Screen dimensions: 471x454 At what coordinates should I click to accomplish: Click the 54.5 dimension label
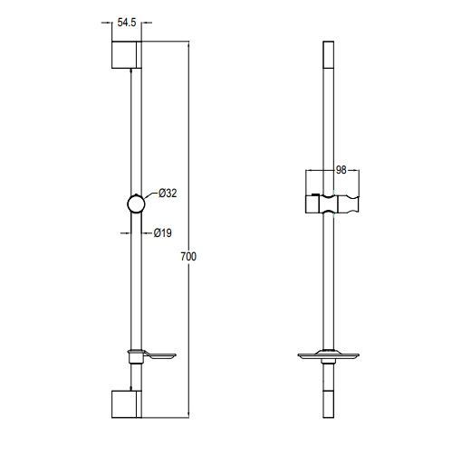[127, 23]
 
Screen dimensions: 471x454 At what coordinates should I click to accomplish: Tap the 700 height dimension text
[188, 257]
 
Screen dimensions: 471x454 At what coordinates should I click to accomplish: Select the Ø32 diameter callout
[168, 194]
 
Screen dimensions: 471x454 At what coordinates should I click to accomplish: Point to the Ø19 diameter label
[163, 232]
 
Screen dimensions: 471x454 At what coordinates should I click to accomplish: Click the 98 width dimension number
[341, 170]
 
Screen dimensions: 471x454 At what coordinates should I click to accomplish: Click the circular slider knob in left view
[136, 204]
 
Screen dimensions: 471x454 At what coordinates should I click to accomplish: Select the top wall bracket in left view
[127, 54]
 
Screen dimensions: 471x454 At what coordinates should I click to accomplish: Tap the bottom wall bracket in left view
[127, 404]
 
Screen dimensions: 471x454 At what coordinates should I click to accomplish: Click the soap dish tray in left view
[159, 355]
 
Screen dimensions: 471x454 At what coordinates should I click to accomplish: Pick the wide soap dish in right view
[329, 355]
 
